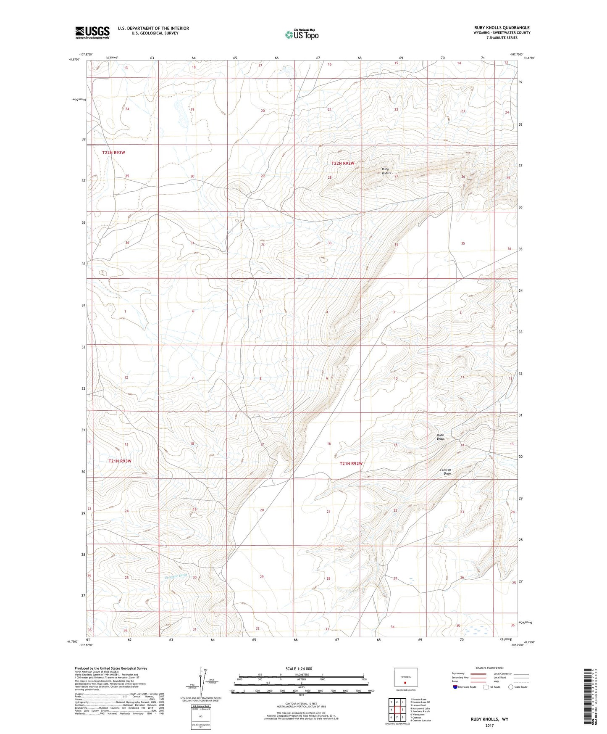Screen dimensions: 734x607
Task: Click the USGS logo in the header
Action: [x=92, y=32]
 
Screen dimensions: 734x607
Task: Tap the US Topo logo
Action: [x=301, y=34]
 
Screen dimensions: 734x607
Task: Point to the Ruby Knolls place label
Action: [x=386, y=171]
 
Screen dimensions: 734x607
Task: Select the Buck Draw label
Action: [x=441, y=437]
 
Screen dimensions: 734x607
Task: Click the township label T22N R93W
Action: [x=114, y=153]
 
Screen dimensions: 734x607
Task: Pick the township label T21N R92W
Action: [x=351, y=464]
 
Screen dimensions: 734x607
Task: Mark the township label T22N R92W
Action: [x=343, y=163]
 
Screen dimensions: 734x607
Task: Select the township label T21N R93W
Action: [x=120, y=461]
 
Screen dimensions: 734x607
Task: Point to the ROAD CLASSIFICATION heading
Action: [x=489, y=668]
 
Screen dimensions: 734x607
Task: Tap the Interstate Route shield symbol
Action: [x=455, y=687]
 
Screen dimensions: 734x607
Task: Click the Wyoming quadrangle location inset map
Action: [x=406, y=679]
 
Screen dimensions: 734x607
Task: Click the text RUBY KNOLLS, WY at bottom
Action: [x=489, y=719]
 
